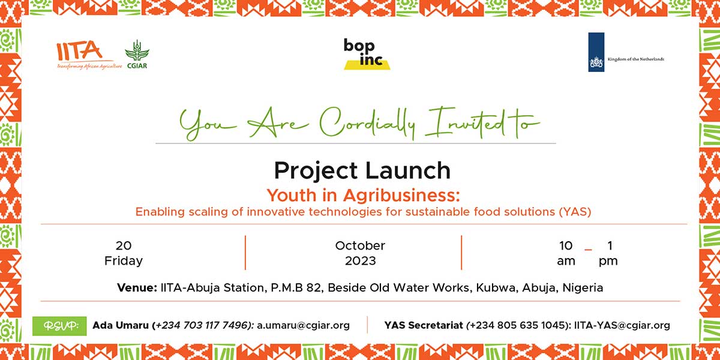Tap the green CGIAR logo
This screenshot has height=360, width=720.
137,55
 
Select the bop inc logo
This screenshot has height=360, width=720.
367,54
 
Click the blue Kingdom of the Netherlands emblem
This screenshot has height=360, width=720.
596,52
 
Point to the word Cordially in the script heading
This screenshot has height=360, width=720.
367,124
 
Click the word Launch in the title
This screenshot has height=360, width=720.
408,170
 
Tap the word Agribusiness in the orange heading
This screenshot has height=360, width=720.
401,196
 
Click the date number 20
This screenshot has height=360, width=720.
124,246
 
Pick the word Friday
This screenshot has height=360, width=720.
124,261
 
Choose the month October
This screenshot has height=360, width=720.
360,246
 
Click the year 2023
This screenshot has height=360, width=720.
361,260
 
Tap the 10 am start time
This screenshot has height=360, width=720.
566,253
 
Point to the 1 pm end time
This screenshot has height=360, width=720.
608,253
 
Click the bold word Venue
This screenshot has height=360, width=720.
137,287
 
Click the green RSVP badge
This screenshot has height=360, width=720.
59,326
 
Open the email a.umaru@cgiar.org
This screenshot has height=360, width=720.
303,326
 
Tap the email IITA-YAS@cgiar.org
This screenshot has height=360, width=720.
622,326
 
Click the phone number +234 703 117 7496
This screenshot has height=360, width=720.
203,326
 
